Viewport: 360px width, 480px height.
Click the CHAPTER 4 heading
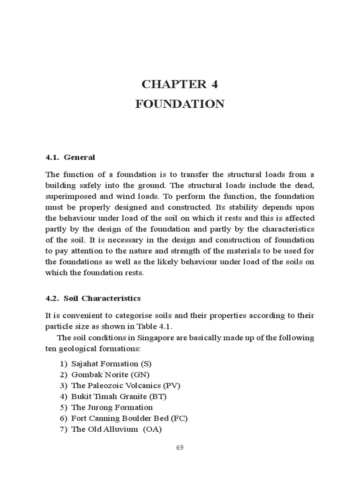point(180,84)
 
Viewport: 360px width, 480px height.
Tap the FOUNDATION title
point(180,104)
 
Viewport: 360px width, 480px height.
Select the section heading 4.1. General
point(70,157)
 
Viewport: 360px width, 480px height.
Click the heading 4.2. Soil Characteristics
point(93,298)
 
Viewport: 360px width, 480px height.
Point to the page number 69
point(180,447)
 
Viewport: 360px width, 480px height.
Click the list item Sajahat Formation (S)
point(112,363)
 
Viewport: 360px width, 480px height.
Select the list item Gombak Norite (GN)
point(110,374)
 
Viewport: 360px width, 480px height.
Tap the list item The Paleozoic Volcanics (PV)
point(125,385)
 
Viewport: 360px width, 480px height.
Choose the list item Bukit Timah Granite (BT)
point(119,396)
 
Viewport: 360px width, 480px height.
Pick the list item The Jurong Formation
point(112,407)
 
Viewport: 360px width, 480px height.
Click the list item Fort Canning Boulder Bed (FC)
point(129,418)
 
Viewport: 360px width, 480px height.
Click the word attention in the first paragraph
point(90,251)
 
